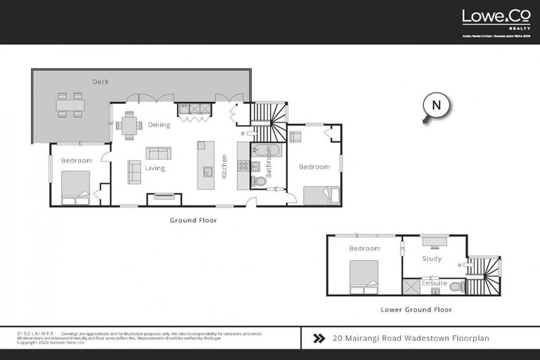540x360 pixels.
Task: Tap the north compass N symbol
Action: (436, 106)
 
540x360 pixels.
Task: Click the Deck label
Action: (101, 82)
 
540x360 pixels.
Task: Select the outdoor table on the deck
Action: (70, 105)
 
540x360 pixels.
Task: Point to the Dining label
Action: (159, 125)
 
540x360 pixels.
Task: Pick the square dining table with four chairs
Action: (129, 125)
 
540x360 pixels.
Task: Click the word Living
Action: (155, 169)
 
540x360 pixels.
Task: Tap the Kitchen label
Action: (225, 166)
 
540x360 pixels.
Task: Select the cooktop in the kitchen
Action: (244, 167)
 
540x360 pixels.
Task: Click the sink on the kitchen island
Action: (206, 171)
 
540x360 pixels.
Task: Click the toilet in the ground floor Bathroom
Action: (259, 181)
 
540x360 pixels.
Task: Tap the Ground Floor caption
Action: (193, 220)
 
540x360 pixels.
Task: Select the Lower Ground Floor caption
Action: (416, 309)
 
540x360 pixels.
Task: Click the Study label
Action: (432, 259)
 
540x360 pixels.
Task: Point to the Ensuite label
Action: (435, 283)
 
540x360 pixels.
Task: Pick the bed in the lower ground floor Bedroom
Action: (364, 276)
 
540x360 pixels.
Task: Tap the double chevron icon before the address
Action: (319, 338)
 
